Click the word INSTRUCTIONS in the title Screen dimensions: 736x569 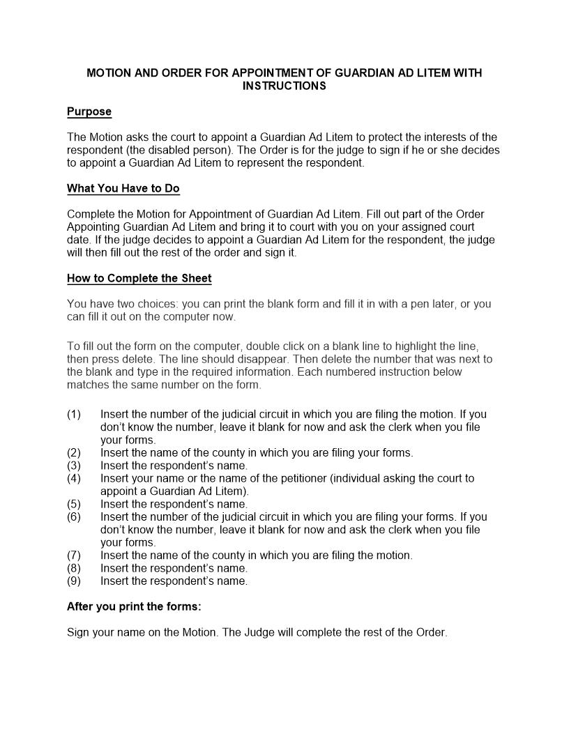coord(284,86)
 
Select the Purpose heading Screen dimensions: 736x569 coord(89,112)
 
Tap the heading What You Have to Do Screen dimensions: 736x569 coord(123,189)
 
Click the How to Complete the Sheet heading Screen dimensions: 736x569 coord(139,279)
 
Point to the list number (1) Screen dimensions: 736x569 coord(74,415)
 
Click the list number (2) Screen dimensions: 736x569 coord(74,453)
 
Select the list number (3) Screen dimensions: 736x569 coord(74,466)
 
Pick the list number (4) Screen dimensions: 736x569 coord(74,479)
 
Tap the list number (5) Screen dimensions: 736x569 coord(74,504)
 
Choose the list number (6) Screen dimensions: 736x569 coord(74,517)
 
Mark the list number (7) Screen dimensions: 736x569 coord(74,555)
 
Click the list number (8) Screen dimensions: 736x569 coord(74,568)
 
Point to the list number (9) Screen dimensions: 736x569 coord(74,581)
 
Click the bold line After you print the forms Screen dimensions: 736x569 coord(134,606)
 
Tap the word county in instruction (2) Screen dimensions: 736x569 coord(219,453)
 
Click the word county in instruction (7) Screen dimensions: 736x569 coord(219,555)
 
